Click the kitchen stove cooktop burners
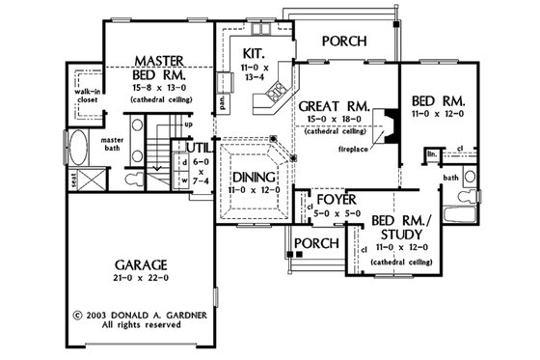[x=276, y=92]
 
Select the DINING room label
[x=254, y=178]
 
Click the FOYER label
[x=331, y=200]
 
